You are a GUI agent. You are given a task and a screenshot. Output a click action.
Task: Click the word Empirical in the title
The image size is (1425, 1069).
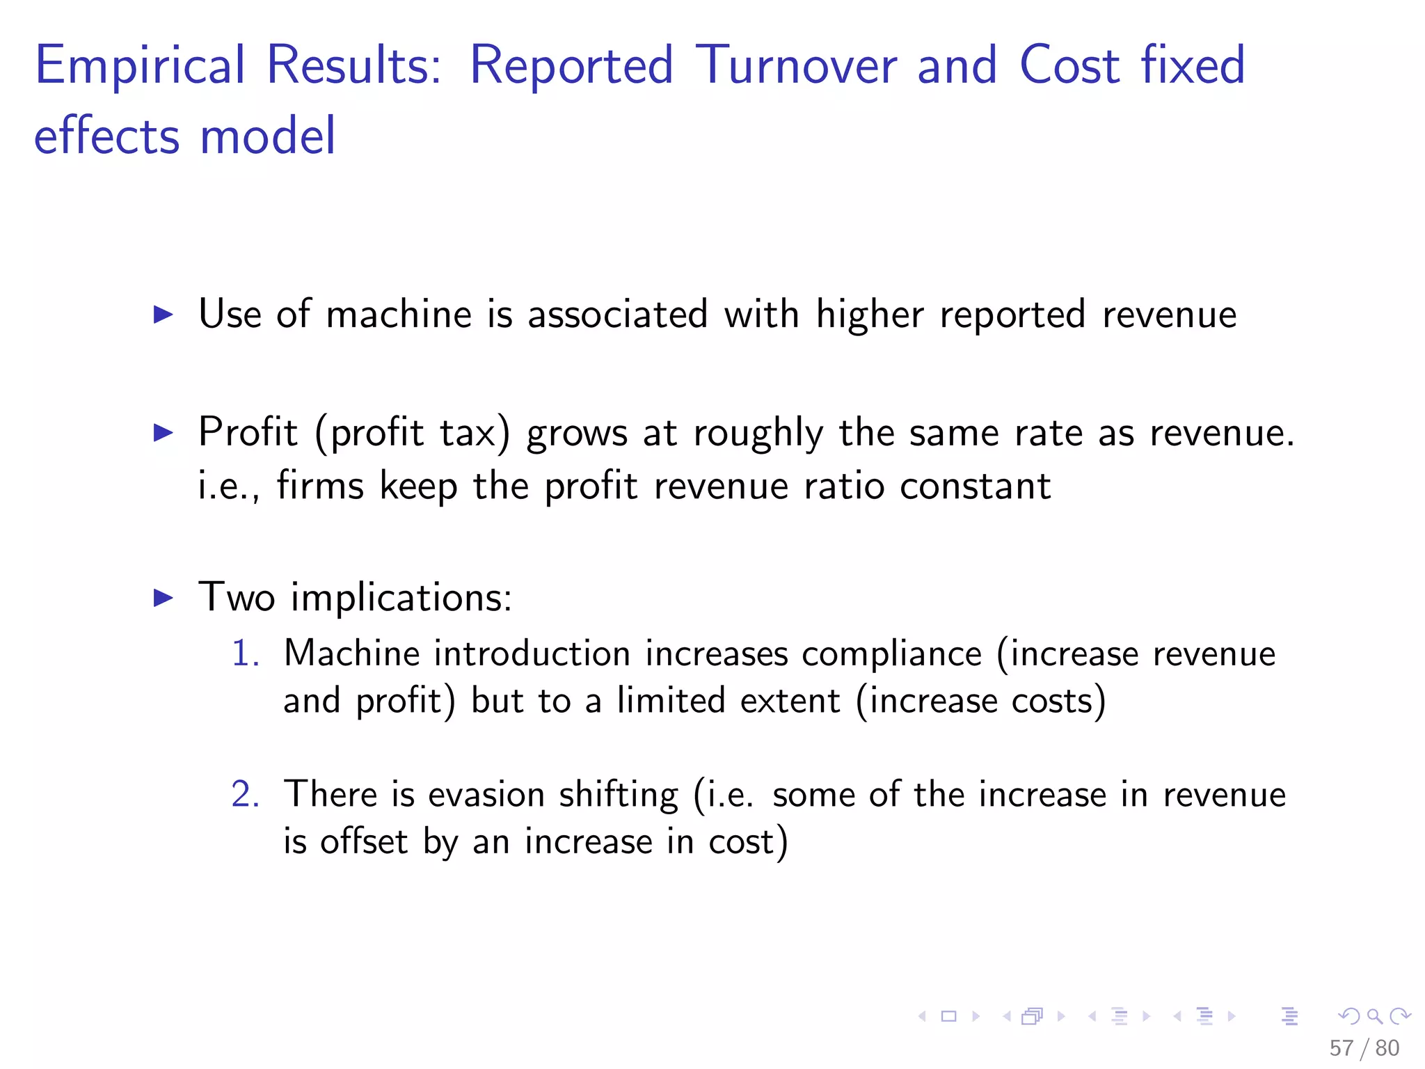coord(140,65)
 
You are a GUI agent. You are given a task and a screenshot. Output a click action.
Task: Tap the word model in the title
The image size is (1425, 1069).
coord(268,136)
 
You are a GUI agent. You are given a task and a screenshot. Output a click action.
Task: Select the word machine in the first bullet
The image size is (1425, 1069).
coord(399,314)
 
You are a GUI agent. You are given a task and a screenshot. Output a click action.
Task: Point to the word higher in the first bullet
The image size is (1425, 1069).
coord(869,314)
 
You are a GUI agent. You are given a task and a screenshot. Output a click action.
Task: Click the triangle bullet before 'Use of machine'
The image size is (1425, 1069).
coord(163,315)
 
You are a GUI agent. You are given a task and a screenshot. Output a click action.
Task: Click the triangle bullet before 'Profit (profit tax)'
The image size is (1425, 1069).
coord(163,433)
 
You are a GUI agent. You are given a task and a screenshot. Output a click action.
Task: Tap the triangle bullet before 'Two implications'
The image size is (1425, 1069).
coord(163,598)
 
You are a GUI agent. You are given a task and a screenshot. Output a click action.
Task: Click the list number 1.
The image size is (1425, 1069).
coord(245,654)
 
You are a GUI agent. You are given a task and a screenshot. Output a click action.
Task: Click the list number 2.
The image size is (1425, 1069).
coord(245,795)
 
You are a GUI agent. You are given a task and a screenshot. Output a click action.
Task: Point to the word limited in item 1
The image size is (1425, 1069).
coord(671,701)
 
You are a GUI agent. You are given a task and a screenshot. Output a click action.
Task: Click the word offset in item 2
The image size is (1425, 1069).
coord(363,841)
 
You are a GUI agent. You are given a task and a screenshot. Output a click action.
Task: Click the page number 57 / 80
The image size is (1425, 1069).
coord(1364,1048)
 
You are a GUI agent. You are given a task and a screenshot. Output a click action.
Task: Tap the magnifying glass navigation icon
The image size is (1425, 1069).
coord(1374,1016)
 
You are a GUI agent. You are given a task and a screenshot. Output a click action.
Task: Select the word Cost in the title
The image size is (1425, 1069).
coord(1069,65)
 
